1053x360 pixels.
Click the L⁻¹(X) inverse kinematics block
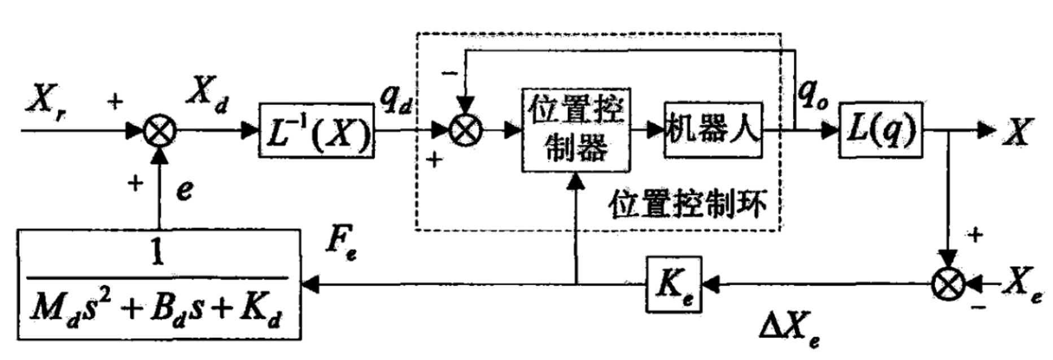pyautogui.click(x=316, y=130)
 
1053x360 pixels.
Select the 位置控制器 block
pyautogui.click(x=575, y=130)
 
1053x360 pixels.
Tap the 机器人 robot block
pyautogui.click(x=713, y=130)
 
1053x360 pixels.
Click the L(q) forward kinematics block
pyautogui.click(x=880, y=130)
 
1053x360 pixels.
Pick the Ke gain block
pyautogui.click(x=674, y=284)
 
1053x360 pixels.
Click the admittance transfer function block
pyautogui.click(x=158, y=284)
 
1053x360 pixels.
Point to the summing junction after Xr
pyautogui.click(x=160, y=131)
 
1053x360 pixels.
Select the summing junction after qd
pyautogui.click(x=466, y=130)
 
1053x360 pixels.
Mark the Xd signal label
pyautogui.click(x=207, y=93)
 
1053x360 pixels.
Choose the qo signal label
pyautogui.click(x=812, y=94)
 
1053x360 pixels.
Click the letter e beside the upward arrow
pyautogui.click(x=184, y=191)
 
